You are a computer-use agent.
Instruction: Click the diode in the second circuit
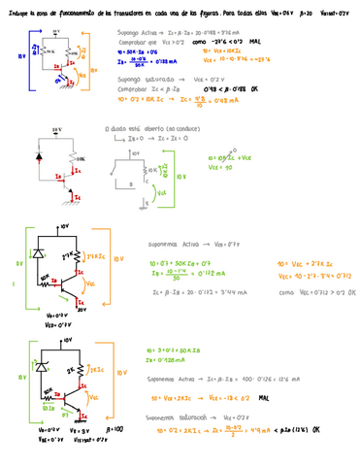40,155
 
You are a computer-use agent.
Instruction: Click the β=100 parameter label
115,428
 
